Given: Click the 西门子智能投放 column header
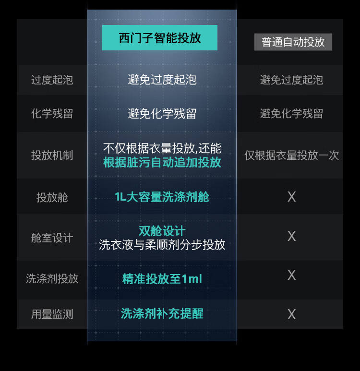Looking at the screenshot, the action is point(160,38).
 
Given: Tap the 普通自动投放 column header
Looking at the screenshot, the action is point(293,42).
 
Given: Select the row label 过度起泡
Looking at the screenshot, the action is point(52,80).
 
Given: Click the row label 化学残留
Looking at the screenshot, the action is point(52,114).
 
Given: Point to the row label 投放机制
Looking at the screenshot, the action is point(52,156).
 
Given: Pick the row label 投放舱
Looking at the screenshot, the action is point(52,197).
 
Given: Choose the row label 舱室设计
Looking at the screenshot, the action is point(52,238).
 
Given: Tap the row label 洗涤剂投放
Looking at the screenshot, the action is point(52,279).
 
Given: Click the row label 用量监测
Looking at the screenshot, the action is point(52,314).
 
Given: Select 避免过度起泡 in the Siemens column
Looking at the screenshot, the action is point(162,80).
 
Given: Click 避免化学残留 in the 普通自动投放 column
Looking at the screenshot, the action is point(291,114).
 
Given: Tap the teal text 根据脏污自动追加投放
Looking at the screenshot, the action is point(162,162).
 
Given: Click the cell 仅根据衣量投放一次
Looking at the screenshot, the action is point(291,156).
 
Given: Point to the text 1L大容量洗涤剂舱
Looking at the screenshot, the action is point(162,197).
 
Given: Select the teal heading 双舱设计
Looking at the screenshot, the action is point(162,231).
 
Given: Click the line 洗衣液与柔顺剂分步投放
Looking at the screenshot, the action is point(162,244).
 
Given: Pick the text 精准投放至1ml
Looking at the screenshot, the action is point(162,279).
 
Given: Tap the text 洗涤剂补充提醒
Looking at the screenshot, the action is point(162,314).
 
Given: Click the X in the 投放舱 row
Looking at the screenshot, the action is point(291,197).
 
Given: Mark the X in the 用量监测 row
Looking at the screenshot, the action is point(291,314).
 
